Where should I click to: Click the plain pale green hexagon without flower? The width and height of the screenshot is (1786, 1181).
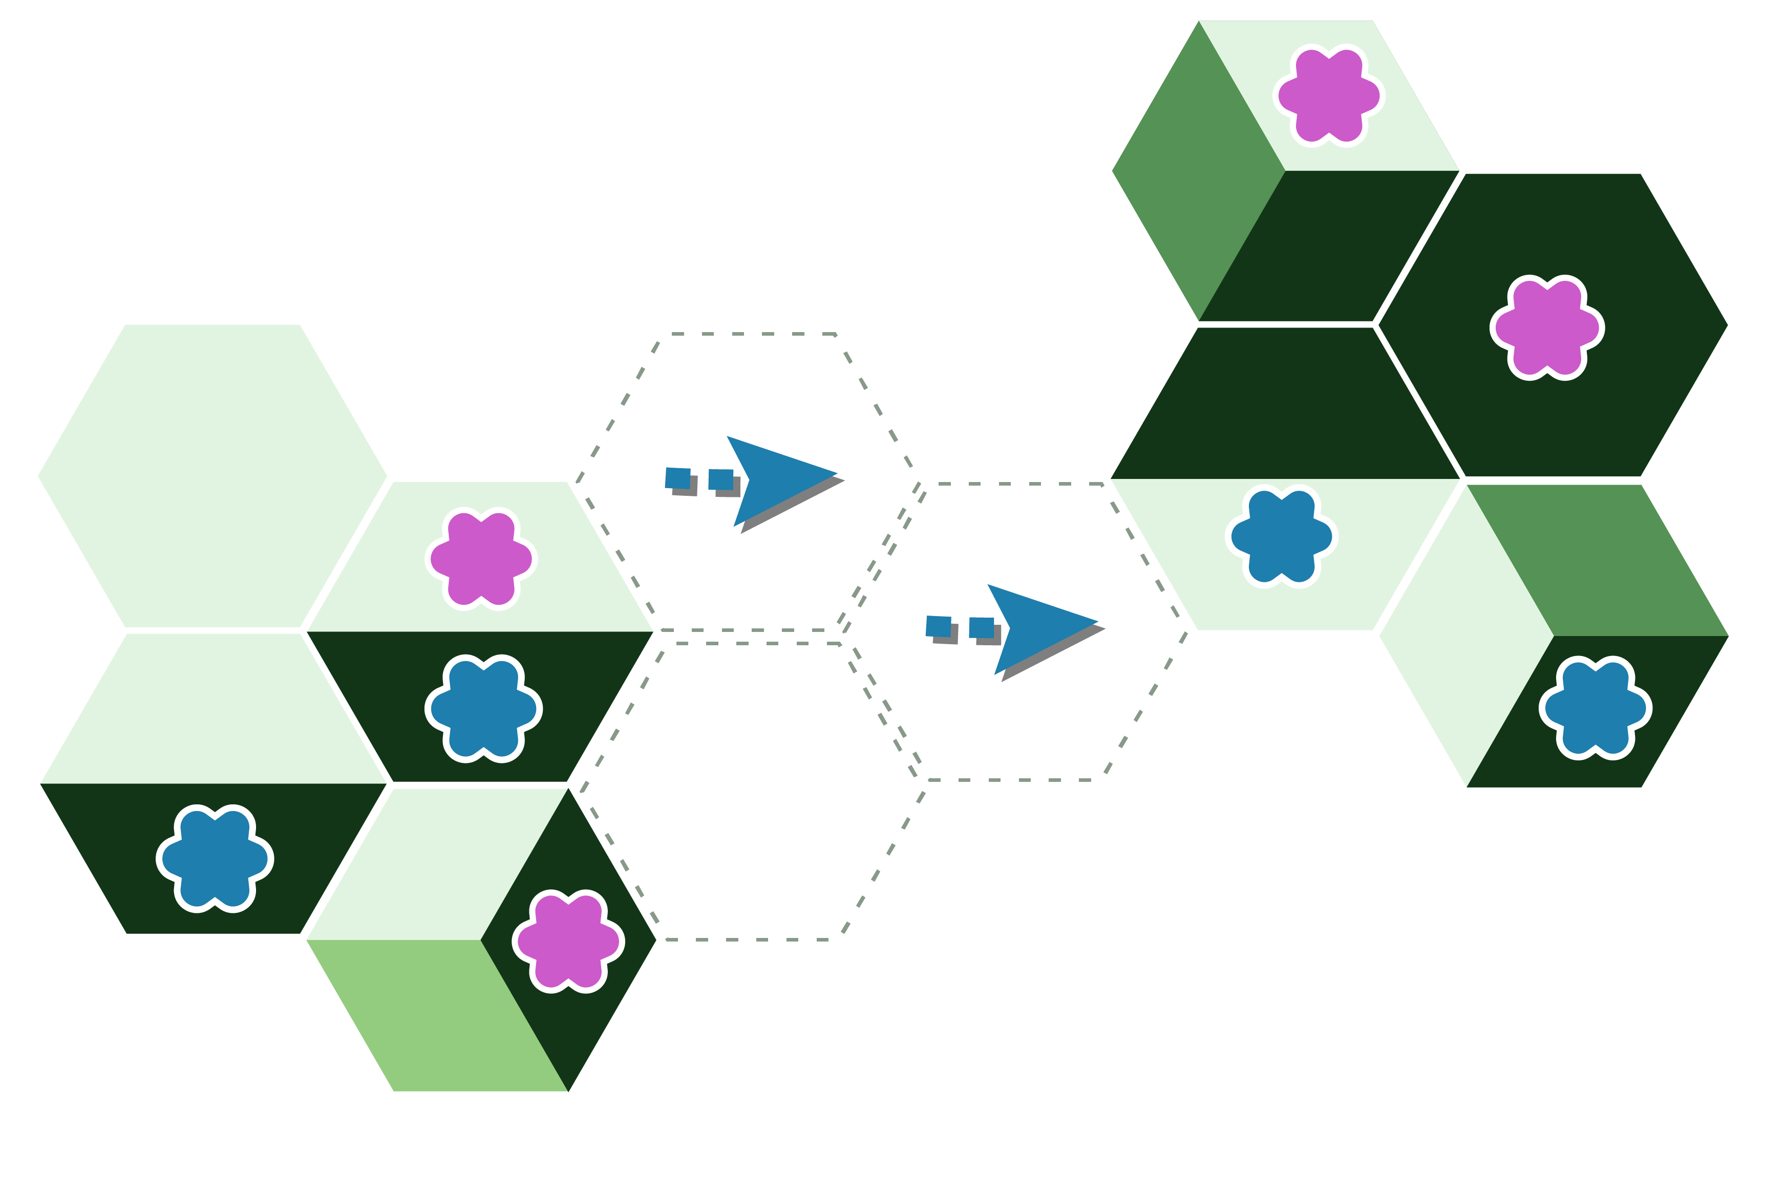(212, 475)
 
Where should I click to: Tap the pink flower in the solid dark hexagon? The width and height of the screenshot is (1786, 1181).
(1547, 327)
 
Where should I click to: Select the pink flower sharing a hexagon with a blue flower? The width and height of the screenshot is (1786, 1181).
(481, 559)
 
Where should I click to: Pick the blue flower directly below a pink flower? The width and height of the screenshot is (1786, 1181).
(482, 709)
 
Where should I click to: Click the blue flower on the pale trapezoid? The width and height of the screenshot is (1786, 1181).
(1281, 536)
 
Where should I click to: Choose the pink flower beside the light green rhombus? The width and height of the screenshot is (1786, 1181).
(568, 942)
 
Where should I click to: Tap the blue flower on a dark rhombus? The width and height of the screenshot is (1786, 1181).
(1596, 708)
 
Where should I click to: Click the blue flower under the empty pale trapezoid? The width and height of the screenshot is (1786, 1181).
(215, 859)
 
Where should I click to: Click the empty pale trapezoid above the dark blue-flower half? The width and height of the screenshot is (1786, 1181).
(214, 708)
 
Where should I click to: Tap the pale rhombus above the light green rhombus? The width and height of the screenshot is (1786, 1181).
(437, 866)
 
